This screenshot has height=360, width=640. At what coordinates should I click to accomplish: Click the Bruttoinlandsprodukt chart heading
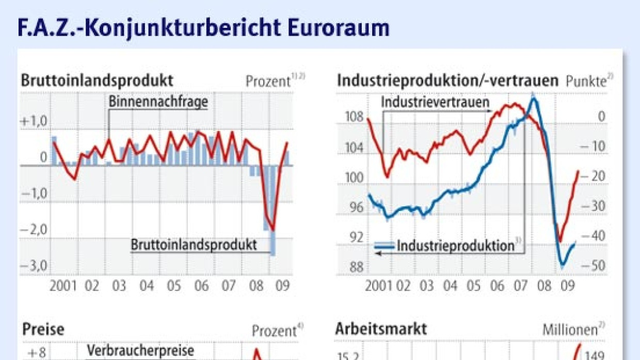97,81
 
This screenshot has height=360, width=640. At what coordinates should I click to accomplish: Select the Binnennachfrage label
158,102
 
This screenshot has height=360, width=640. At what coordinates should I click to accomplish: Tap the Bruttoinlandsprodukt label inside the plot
194,244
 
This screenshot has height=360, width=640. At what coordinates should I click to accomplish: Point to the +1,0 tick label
35,122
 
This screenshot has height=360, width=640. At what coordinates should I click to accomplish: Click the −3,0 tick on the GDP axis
35,267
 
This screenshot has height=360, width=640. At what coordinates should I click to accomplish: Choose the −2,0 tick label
35,230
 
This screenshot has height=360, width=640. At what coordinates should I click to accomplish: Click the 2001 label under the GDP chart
63,285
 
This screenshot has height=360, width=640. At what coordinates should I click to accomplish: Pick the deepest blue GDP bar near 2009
273,217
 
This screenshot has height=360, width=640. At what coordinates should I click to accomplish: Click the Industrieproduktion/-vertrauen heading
447,81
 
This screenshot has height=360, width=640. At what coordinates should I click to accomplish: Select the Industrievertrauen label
435,102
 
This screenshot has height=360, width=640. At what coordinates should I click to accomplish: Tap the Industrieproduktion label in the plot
456,246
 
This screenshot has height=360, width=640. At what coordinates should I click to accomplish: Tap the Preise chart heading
43,330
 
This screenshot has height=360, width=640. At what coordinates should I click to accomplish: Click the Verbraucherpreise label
140,351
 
